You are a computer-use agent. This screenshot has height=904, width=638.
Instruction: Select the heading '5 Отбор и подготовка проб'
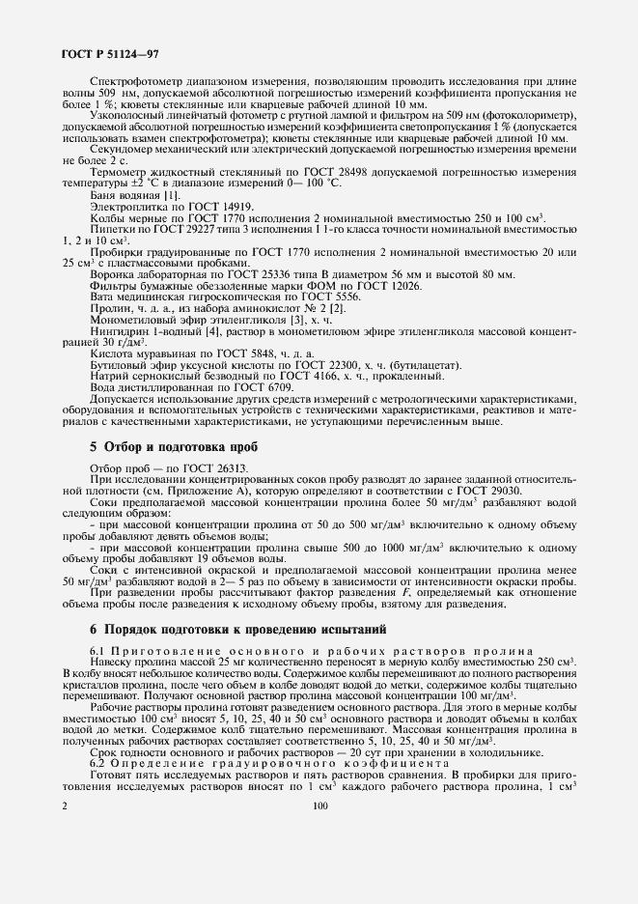[176, 448]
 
